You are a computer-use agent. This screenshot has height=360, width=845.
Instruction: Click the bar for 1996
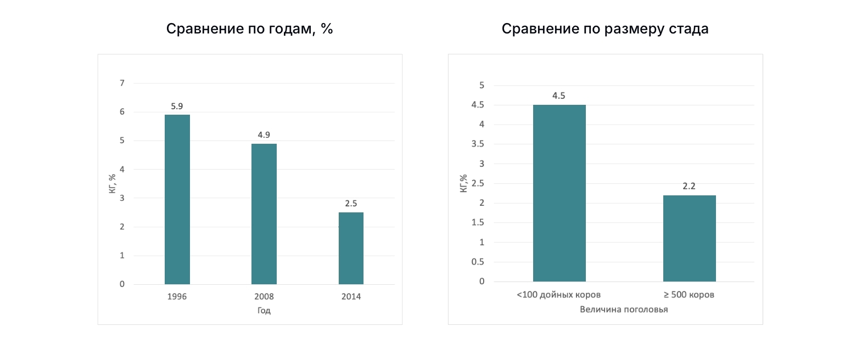click(x=177, y=199)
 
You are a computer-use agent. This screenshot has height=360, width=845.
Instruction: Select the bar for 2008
click(x=264, y=214)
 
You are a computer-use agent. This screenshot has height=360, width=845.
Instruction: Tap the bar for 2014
click(x=351, y=248)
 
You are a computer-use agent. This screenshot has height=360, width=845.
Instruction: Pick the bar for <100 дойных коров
click(x=559, y=193)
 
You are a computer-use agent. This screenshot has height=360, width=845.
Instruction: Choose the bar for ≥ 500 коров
click(x=689, y=238)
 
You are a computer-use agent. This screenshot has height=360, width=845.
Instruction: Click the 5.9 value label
click(x=177, y=105)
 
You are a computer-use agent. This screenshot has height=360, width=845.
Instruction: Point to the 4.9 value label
click(x=264, y=134)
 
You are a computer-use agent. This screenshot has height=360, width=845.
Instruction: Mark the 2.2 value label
click(x=689, y=186)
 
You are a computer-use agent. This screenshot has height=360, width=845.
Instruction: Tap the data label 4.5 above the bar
click(x=559, y=95)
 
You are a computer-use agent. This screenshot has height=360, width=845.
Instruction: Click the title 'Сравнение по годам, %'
click(x=250, y=29)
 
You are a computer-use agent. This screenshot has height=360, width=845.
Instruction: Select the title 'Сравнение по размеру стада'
click(x=605, y=29)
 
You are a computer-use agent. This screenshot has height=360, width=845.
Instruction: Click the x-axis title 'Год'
click(x=264, y=311)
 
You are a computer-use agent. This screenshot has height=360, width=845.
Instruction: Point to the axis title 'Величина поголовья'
click(x=624, y=309)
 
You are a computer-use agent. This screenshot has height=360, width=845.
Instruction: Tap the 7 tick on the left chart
click(x=122, y=83)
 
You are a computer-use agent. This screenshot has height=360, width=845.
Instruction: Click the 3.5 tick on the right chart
click(x=479, y=144)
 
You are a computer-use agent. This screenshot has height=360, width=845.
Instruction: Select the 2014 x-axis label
click(x=351, y=296)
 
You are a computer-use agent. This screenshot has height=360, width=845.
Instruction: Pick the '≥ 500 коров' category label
click(x=689, y=295)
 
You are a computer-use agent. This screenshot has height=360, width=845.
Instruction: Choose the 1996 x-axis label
click(x=177, y=296)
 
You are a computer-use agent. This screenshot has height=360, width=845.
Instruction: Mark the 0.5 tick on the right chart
click(x=479, y=262)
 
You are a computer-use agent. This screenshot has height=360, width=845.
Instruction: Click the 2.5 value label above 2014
click(x=351, y=203)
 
